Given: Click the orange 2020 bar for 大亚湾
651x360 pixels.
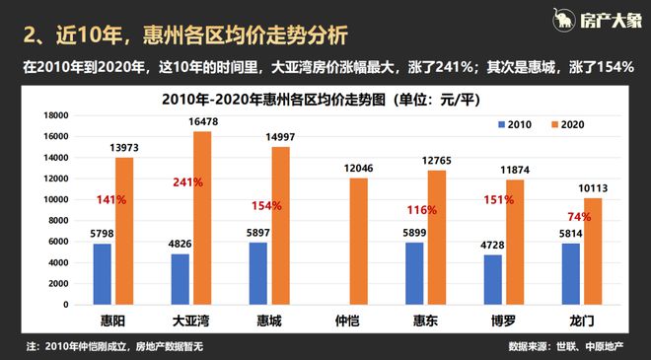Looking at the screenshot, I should tap(202, 218).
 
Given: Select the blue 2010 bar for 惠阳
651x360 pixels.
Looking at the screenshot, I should tap(103, 273).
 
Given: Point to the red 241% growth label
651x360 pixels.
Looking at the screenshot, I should tap(188, 182).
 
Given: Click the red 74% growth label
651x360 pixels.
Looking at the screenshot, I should tap(578, 216).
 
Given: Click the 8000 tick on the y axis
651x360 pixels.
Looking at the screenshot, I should tap(55, 220).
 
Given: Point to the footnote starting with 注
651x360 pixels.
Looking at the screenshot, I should tap(118, 347).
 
